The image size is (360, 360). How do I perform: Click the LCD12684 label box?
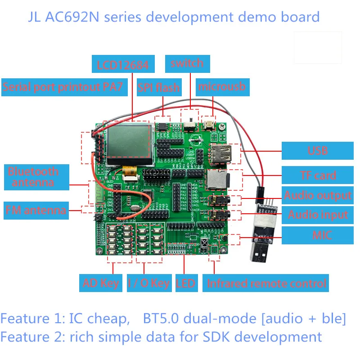122,65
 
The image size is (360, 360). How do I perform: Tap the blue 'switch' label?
187,63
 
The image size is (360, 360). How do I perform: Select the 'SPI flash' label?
158,87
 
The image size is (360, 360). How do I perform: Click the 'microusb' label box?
222,86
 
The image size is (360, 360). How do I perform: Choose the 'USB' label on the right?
317,150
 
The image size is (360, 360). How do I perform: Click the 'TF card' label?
317,175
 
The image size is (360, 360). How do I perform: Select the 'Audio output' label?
317,195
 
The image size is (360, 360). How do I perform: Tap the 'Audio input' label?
317,215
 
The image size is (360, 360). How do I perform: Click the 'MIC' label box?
317,235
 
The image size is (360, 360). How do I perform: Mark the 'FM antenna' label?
36,210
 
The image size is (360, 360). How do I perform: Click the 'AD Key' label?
100,283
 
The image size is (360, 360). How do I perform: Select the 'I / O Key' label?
148,283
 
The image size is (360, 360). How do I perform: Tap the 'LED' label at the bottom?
186,283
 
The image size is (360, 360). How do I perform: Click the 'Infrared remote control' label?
265,283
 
